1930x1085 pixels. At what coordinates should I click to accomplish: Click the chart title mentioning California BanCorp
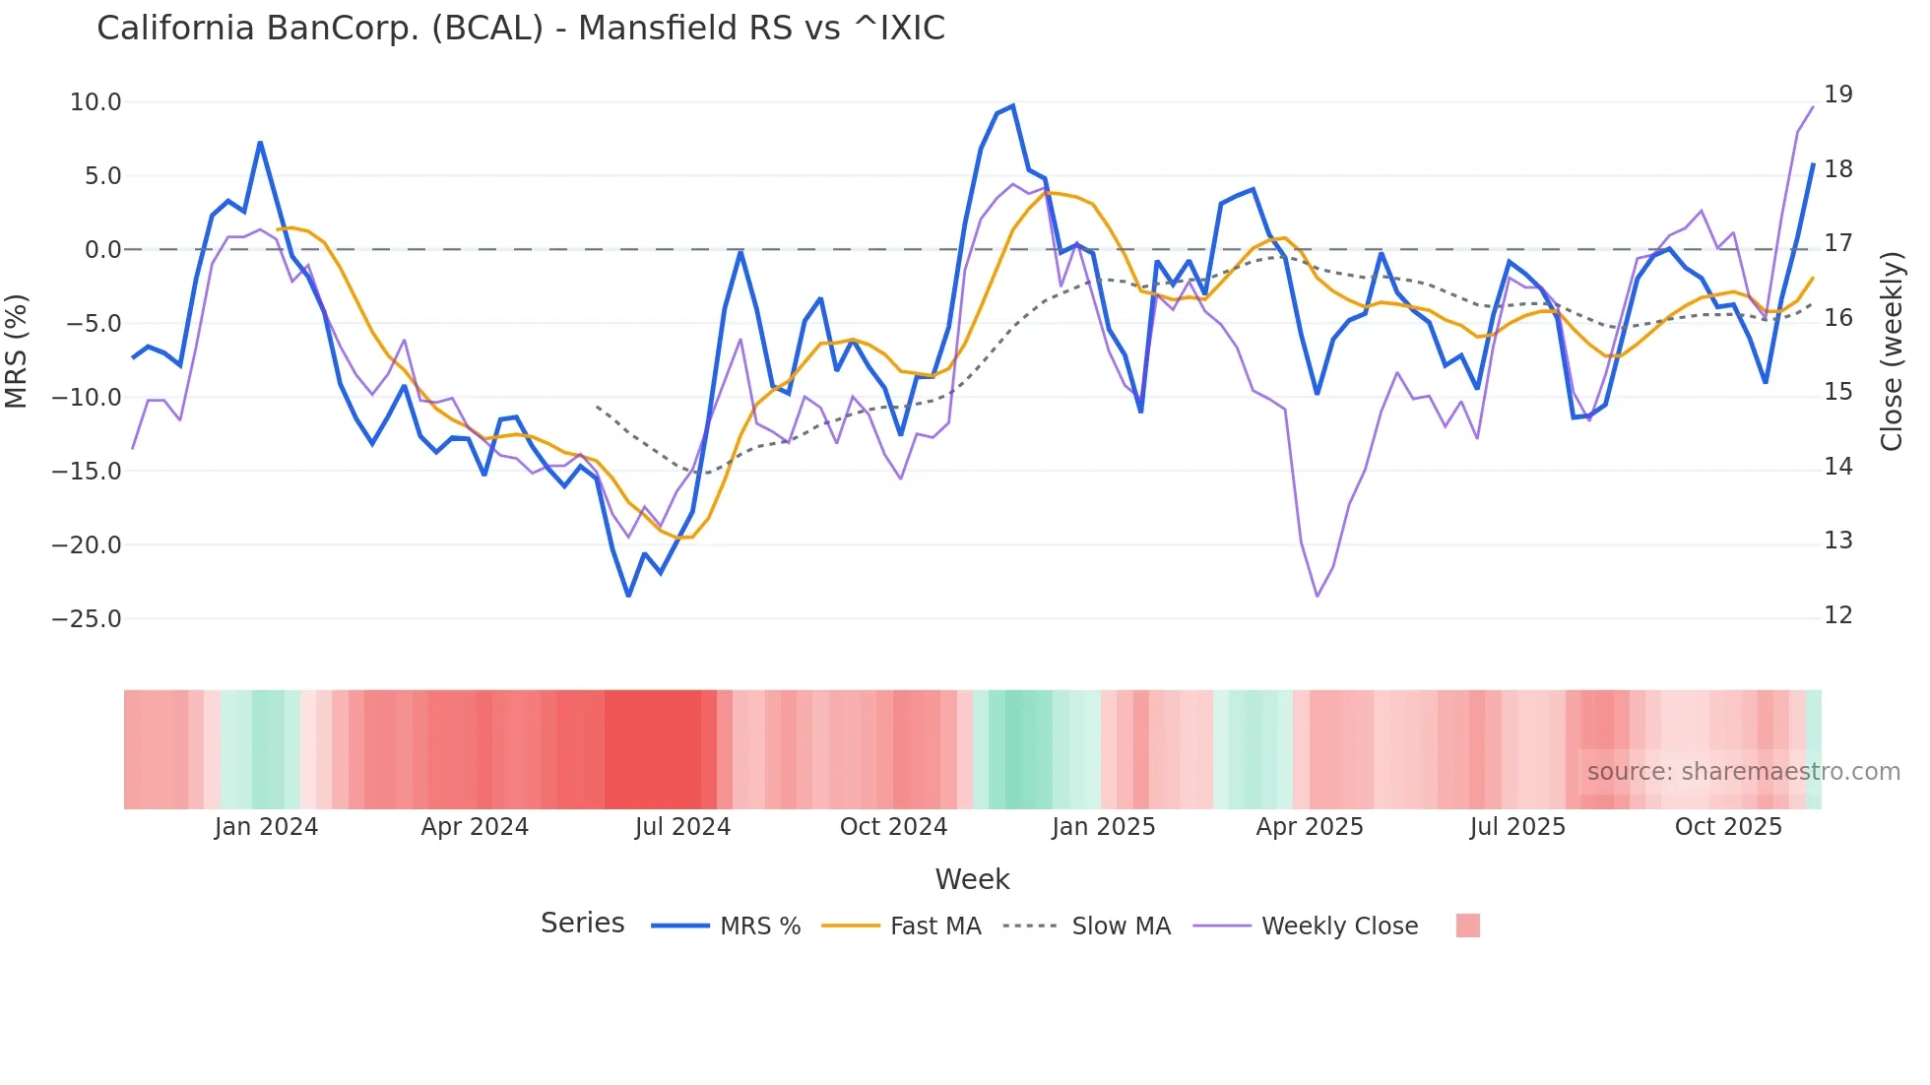click(520, 29)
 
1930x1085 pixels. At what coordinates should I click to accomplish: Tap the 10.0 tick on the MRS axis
click(96, 102)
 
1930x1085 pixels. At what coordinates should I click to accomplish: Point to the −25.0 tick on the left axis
click(87, 619)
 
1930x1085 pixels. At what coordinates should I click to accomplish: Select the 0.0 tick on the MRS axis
click(102, 250)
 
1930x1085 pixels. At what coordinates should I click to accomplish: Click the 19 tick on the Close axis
click(1837, 95)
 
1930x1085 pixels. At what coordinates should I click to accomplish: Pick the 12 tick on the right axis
click(1837, 615)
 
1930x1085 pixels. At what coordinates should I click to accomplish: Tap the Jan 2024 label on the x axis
click(266, 827)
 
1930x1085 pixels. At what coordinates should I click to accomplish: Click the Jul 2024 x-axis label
click(682, 827)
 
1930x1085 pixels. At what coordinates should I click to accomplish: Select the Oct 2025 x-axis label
click(1728, 827)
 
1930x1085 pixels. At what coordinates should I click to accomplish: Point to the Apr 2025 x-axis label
click(1310, 827)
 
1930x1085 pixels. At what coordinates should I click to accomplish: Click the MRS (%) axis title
click(17, 351)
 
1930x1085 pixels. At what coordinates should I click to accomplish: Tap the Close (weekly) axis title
click(1891, 351)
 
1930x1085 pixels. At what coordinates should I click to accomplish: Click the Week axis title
click(972, 879)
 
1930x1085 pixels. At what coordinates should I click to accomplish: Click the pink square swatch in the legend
click(1467, 925)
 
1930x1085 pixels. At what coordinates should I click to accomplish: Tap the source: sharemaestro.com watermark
click(1743, 772)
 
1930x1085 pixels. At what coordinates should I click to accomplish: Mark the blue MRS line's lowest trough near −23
click(628, 595)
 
